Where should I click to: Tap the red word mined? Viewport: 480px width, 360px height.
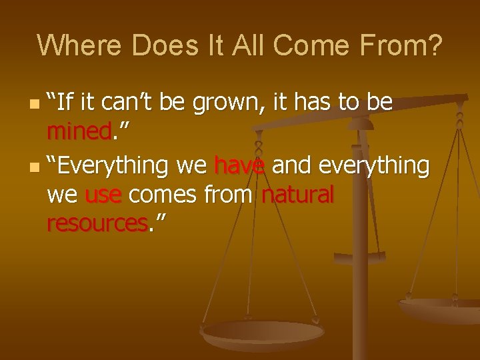pyautogui.click(x=79, y=133)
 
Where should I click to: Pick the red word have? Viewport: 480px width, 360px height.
pyautogui.click(x=239, y=164)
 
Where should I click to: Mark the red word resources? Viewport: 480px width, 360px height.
pyautogui.click(x=97, y=224)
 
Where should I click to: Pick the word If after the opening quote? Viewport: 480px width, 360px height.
pyautogui.click(x=67, y=103)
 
